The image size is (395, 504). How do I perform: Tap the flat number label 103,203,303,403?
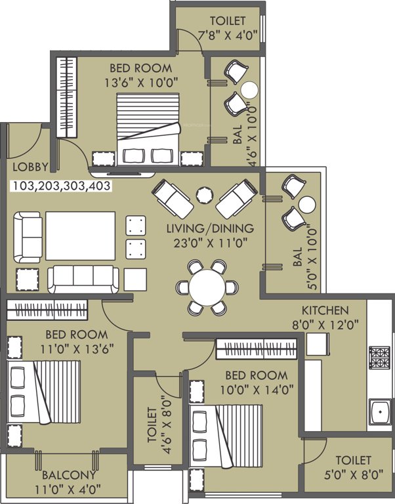(x=61, y=186)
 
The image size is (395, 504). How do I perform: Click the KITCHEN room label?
(x=325, y=310)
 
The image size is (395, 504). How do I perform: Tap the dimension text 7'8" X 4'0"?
(x=220, y=34)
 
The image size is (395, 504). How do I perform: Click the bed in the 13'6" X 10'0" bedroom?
(x=148, y=128)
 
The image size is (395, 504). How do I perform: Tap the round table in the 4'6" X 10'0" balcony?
(x=249, y=90)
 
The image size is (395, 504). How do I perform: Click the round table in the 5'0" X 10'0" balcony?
(x=307, y=204)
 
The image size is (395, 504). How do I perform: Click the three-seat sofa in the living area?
(x=83, y=279)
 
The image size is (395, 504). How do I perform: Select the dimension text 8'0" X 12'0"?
(x=325, y=323)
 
